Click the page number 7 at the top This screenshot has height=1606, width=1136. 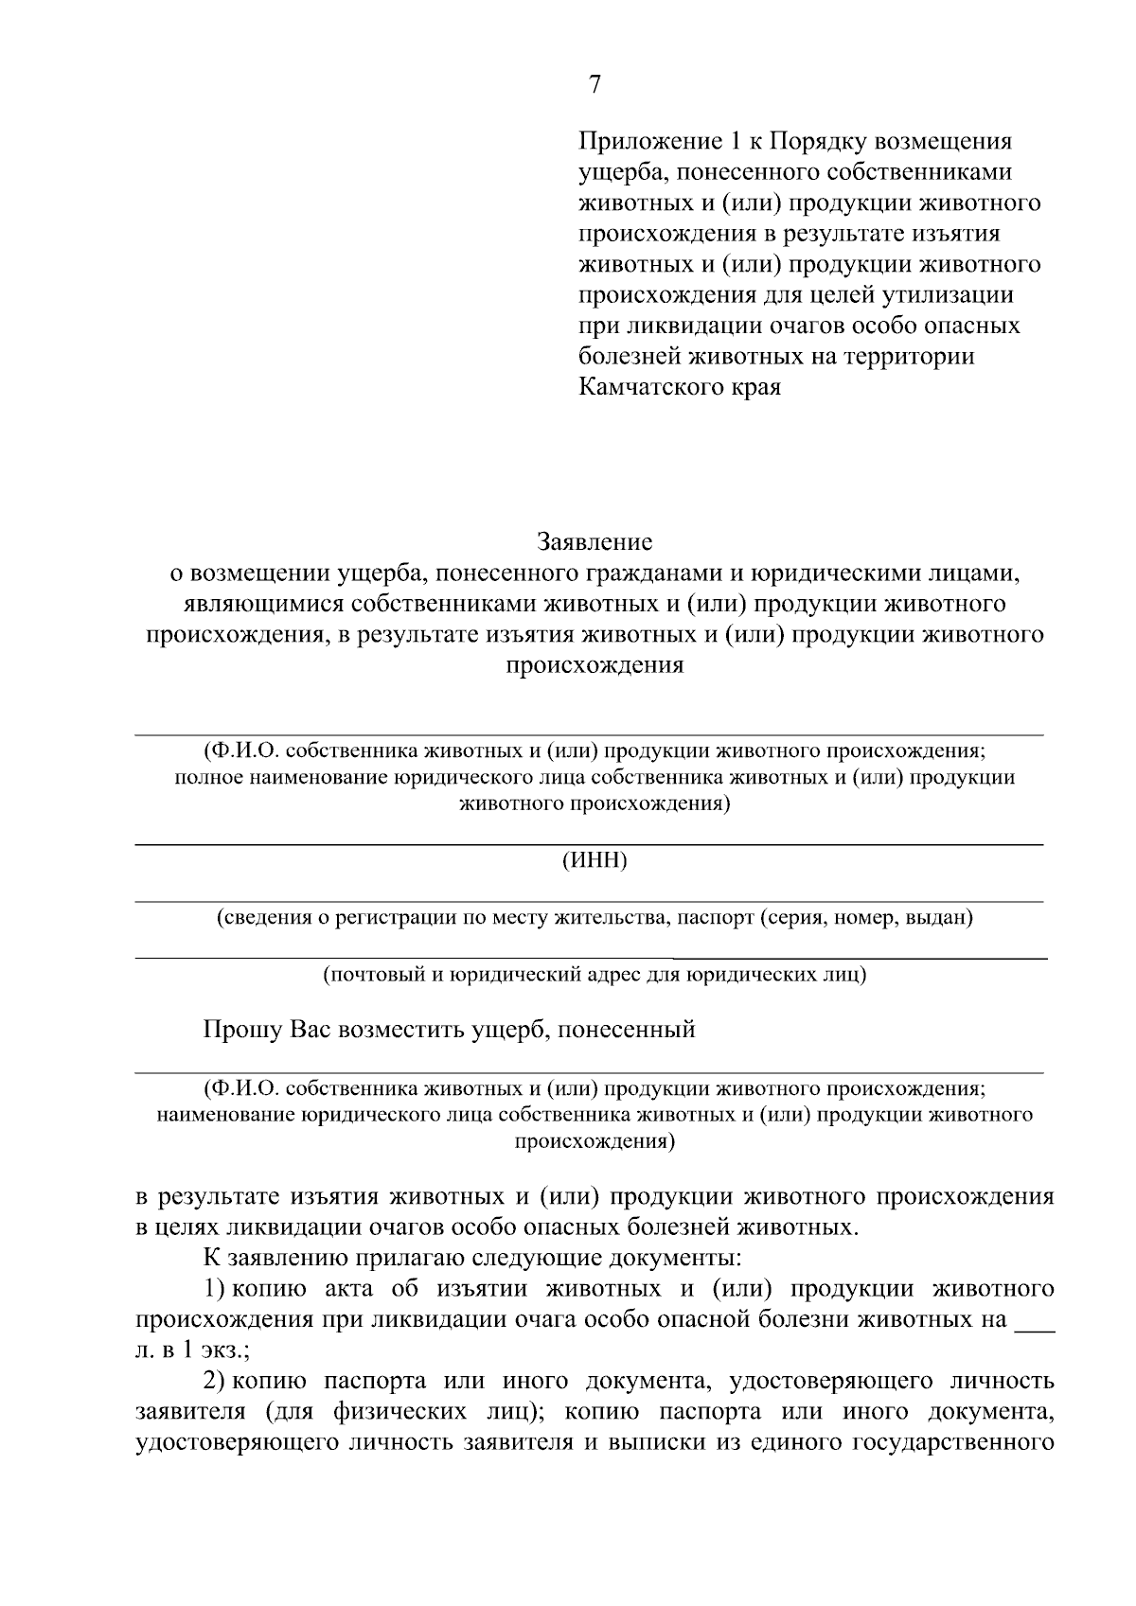(595, 84)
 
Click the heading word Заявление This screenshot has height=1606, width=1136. (595, 543)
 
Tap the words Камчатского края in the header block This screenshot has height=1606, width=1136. (680, 387)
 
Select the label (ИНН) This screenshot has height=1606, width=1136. (595, 861)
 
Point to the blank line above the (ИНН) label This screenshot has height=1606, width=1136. (589, 843)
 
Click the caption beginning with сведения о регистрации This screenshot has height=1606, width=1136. (595, 917)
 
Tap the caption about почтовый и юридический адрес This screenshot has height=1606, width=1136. (595, 974)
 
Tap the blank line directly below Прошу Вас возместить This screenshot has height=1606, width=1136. (589, 1073)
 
